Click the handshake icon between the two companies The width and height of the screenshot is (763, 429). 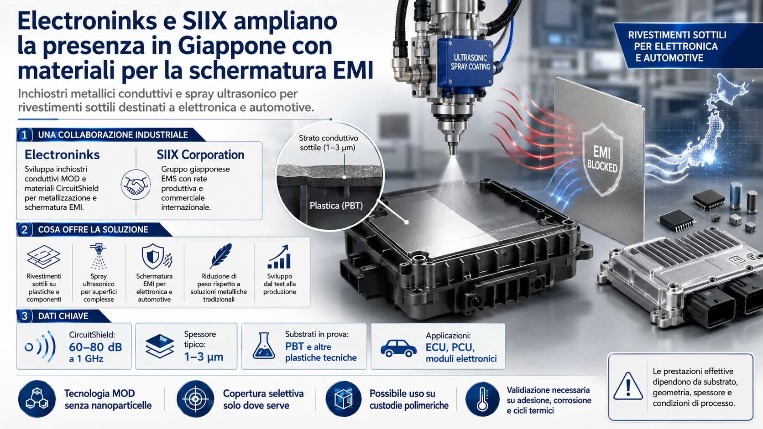[x=136, y=185]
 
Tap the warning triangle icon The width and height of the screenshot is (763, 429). [x=628, y=386]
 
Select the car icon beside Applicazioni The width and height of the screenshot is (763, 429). [x=398, y=348]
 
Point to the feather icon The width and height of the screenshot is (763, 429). [x=221, y=256]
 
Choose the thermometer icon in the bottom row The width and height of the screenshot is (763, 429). [x=482, y=399]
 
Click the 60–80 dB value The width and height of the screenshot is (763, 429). [x=95, y=347]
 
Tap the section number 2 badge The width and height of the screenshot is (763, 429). [x=24, y=230]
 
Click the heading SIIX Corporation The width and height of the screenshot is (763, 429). [x=200, y=155]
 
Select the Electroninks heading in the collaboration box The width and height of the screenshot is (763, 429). [x=62, y=155]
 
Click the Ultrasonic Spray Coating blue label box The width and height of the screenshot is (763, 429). [x=465, y=63]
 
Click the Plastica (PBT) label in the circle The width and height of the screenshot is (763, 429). [x=336, y=206]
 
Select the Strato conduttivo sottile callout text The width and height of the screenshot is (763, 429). [x=328, y=143]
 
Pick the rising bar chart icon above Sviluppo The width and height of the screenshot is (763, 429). [x=279, y=257]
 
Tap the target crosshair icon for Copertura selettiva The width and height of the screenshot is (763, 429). [x=195, y=399]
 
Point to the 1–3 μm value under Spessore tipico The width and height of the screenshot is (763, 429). [x=204, y=357]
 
